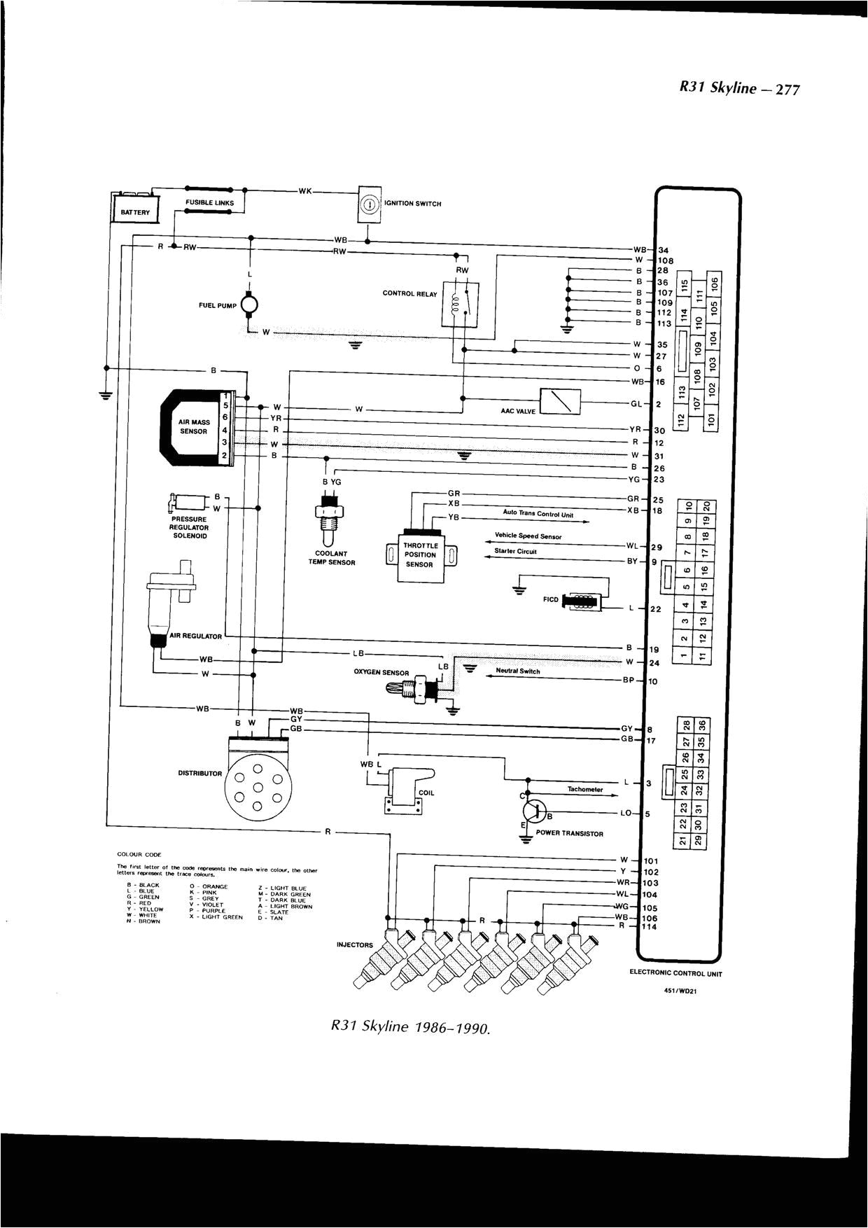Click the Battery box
point(136,211)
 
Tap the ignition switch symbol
point(369,204)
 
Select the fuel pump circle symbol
point(249,304)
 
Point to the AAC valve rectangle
point(560,402)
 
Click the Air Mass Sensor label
point(194,427)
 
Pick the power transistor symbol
point(535,811)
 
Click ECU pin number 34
point(664,250)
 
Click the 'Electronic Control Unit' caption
point(675,972)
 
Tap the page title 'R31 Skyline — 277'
point(739,89)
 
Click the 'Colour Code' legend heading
point(139,855)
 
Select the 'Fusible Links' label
point(209,203)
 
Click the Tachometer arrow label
point(585,789)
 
